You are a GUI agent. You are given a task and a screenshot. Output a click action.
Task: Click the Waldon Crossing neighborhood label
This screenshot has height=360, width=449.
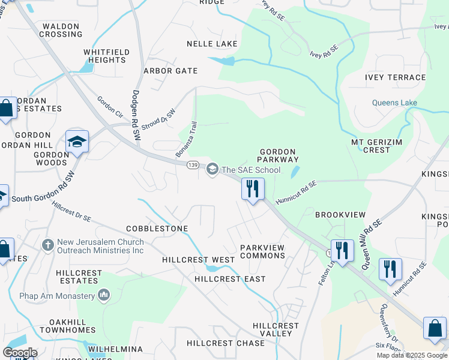click(x=61, y=30)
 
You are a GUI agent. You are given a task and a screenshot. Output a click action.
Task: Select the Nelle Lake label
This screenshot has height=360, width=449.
click(x=212, y=44)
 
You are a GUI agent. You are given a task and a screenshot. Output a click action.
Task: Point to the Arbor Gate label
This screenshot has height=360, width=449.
click(x=170, y=71)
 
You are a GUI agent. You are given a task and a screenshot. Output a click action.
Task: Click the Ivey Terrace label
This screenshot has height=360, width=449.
click(x=395, y=77)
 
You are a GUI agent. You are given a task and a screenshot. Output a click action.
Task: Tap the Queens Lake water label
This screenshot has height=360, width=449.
click(x=394, y=103)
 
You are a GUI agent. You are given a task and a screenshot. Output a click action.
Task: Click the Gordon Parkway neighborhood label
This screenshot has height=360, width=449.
click(x=278, y=156)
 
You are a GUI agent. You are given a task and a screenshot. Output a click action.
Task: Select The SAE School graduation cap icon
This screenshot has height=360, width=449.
click(x=211, y=170)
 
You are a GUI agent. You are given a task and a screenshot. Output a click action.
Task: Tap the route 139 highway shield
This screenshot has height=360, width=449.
click(x=193, y=165)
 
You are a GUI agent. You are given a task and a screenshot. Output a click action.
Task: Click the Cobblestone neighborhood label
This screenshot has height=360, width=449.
click(x=157, y=229)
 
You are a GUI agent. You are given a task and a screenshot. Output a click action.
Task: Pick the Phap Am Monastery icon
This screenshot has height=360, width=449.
click(x=104, y=295)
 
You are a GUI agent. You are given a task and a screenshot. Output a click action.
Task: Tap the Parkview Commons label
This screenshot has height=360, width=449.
click(x=262, y=251)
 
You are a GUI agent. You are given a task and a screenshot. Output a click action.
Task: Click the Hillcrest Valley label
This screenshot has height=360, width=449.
click(x=276, y=329)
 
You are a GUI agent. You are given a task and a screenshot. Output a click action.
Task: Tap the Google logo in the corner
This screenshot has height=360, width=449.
click(x=20, y=352)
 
